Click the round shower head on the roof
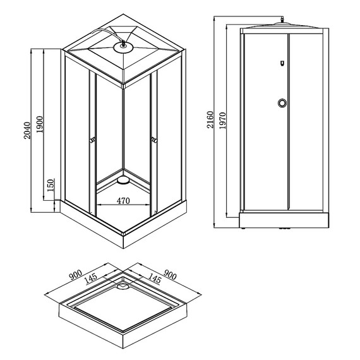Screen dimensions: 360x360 (x=123, y=45)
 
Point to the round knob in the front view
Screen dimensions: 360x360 (x=281, y=104)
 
